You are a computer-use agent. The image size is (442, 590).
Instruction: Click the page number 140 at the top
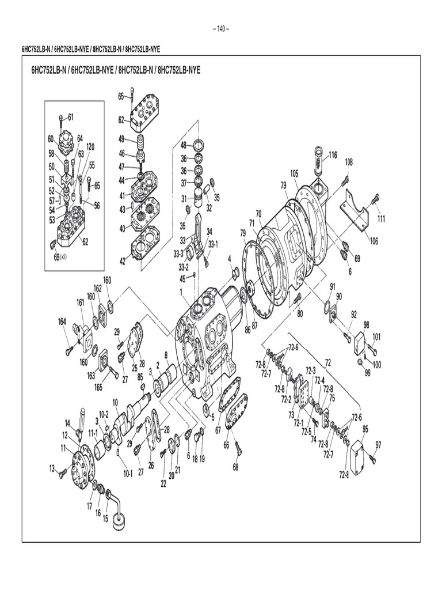pyautogui.click(x=221, y=29)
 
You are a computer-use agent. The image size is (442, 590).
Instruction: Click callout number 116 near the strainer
pyautogui.click(x=333, y=154)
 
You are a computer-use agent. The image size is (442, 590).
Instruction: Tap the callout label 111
pyautogui.click(x=381, y=219)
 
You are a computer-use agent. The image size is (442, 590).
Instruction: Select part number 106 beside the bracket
pyautogui.click(x=374, y=241)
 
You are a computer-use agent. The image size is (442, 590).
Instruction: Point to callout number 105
pyautogui.click(x=294, y=173)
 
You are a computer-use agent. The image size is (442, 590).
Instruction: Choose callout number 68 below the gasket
pyautogui.click(x=235, y=467)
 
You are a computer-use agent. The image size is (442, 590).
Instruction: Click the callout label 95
pyautogui.click(x=365, y=428)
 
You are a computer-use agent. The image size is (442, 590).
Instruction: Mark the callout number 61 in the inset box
pyautogui.click(x=70, y=117)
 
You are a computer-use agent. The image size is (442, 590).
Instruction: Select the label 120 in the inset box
pyautogui.click(x=90, y=147)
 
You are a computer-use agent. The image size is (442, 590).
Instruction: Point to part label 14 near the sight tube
pyautogui.click(x=67, y=423)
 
